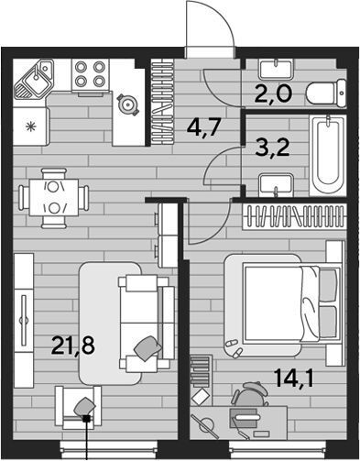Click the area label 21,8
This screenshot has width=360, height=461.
72,345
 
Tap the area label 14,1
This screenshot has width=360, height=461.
293,378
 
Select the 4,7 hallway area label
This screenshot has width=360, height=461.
203,127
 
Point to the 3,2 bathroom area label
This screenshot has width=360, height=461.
272,148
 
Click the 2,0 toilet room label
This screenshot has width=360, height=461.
273,94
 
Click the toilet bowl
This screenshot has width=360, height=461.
326,93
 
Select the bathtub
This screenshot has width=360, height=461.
328,155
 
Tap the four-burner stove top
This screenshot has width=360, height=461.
90,74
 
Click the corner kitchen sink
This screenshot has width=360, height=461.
34,79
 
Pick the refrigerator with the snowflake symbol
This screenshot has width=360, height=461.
31,126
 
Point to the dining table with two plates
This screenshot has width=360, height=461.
54,198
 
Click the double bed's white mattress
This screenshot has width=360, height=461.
274,302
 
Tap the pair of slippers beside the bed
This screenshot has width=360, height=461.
234,347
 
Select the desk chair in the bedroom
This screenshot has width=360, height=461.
249,395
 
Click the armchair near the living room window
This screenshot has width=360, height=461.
78,408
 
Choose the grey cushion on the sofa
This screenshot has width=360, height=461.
147,348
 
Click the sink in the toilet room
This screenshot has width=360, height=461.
276,69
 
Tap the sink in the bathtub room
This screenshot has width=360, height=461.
276,185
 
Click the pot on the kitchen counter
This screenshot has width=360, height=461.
127,104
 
